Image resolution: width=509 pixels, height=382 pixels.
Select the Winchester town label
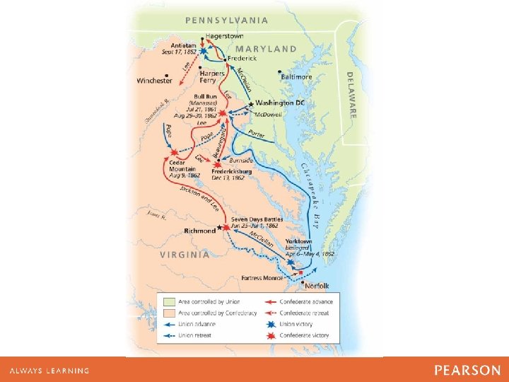[154, 81]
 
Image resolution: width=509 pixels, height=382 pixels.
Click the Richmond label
[200, 231]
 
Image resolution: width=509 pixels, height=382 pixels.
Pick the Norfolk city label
[317, 286]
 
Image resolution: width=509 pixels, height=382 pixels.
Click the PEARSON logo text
[467, 370]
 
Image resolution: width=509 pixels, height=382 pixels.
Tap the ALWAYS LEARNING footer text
[49, 371]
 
